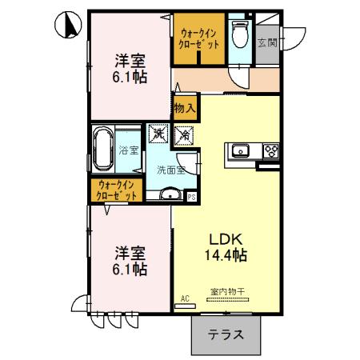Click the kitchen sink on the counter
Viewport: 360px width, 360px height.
pos(239,150)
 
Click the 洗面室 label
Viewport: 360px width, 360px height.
pos(170,170)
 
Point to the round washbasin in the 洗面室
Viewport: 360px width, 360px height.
pos(170,194)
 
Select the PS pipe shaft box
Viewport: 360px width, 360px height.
pos(191,195)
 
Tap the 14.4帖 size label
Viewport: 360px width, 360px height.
pos(226,256)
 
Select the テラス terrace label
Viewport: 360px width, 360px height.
pos(226,336)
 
